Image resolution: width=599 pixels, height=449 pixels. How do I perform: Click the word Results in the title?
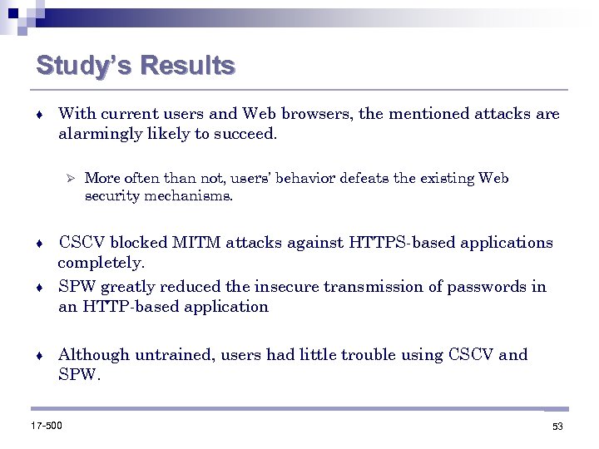[x=188, y=66]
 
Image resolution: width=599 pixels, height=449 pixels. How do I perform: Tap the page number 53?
[x=557, y=427]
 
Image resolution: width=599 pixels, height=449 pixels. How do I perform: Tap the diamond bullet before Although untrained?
[x=39, y=356]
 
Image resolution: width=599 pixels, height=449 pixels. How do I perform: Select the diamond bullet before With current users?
[x=39, y=114]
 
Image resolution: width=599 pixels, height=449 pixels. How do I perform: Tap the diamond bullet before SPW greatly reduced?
[x=39, y=288]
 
